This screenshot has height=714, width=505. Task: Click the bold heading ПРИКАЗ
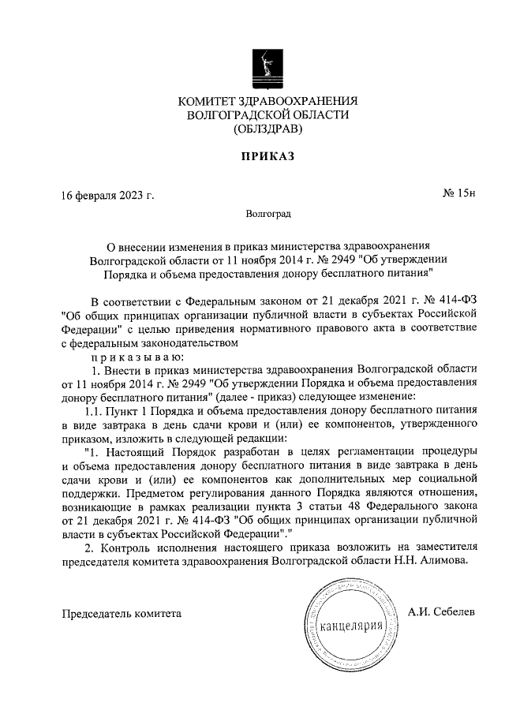tap(267, 157)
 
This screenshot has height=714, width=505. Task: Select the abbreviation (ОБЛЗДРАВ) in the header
tap(267, 129)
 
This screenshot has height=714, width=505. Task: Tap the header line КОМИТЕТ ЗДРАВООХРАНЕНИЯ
tap(267, 101)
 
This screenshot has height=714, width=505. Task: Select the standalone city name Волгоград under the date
tap(267, 214)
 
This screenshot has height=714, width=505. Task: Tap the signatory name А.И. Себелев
tap(442, 612)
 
